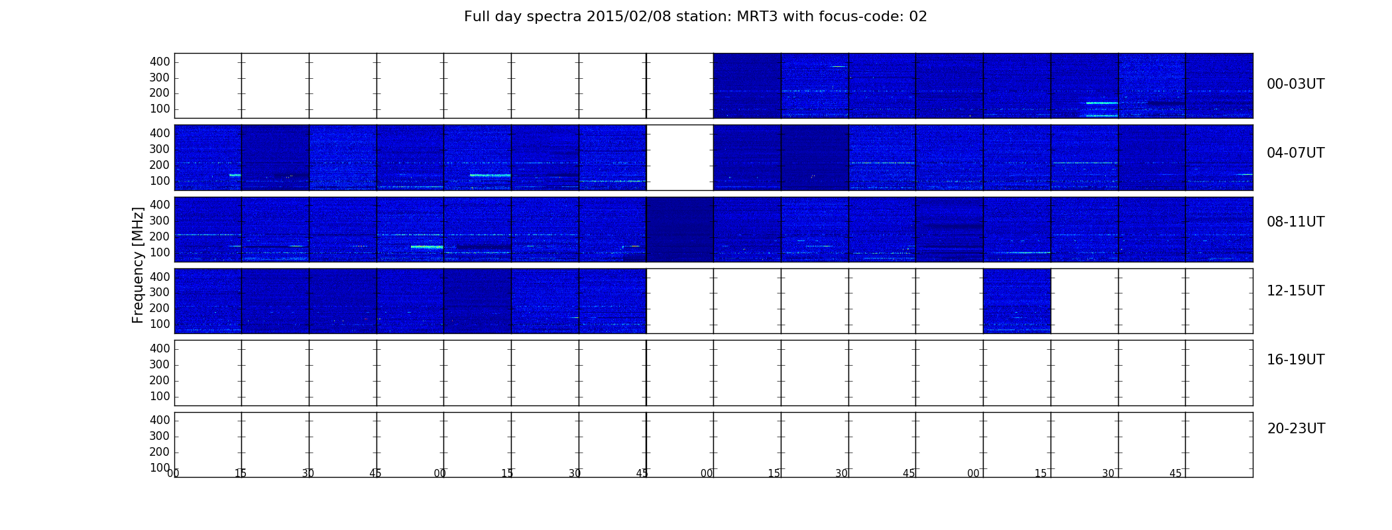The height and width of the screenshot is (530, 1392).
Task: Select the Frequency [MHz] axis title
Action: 138,265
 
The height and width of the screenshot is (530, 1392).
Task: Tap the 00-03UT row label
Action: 1295,84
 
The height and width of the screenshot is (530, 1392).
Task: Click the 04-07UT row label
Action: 1295,153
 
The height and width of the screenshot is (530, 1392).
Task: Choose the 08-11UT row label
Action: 1295,222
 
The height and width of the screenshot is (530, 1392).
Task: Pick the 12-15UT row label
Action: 1295,291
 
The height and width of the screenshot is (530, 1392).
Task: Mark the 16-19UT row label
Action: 1295,360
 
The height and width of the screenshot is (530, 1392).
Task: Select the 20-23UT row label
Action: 1296,429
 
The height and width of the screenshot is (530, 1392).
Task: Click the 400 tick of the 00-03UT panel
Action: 160,62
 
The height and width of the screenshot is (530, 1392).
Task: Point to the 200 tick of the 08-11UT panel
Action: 160,237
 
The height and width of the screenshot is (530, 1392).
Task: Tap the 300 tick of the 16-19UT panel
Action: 160,364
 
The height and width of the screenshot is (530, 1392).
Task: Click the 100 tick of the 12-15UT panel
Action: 160,324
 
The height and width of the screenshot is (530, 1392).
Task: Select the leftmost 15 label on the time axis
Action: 241,474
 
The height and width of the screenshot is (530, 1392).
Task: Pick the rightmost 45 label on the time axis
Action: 1175,474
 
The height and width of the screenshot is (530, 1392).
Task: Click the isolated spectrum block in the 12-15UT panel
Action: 1017,301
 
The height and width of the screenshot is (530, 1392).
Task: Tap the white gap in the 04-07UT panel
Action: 679,158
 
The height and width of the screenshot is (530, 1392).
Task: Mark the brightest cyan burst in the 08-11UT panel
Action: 427,247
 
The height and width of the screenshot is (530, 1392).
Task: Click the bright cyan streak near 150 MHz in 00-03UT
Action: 1102,103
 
